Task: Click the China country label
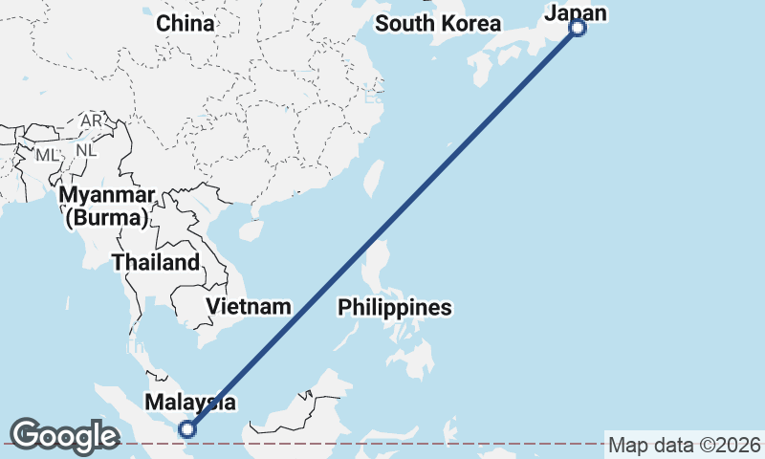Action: (186, 23)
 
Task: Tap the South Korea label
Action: (438, 24)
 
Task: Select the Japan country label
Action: (576, 11)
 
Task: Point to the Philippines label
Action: (394, 308)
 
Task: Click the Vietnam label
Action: (249, 307)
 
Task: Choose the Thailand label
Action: (156, 262)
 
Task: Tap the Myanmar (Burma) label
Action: (106, 207)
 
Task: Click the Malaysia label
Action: (191, 402)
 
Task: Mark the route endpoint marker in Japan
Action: (578, 29)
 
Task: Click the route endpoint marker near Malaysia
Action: (187, 429)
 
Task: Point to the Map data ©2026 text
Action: (685, 445)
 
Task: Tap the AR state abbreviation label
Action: (92, 121)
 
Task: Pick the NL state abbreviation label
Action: (86, 150)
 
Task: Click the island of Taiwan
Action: (374, 178)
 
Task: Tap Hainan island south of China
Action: (251, 229)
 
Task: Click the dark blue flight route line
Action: (382, 229)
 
